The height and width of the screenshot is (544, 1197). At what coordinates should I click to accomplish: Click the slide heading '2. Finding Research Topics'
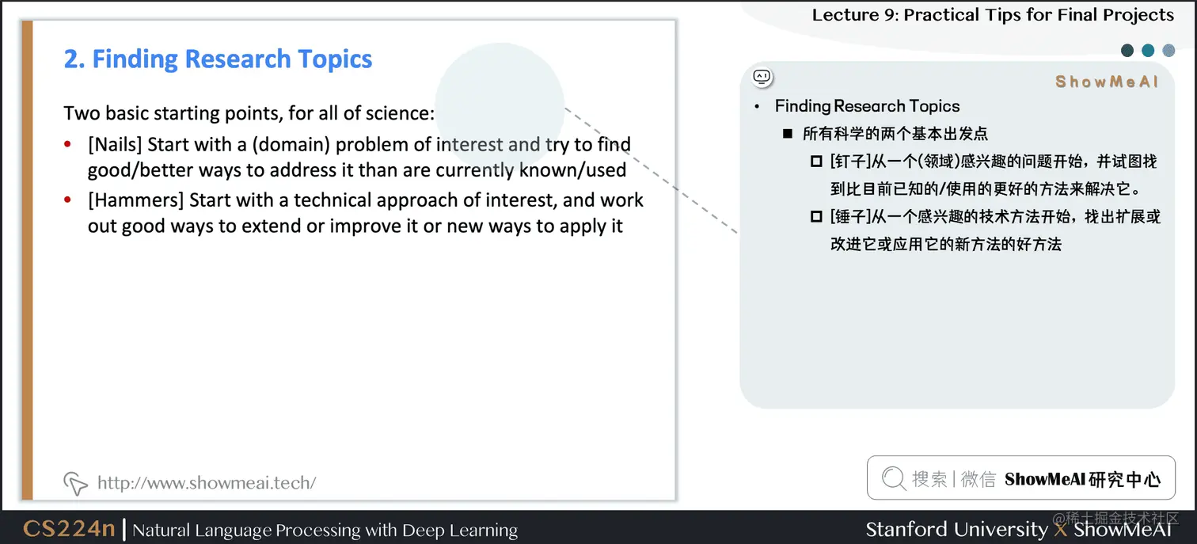(218, 59)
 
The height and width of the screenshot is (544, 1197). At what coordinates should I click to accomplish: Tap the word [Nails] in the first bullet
(116, 145)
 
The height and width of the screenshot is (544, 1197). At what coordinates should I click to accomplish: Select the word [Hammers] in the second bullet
(136, 200)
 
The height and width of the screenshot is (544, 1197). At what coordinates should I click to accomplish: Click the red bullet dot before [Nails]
(68, 145)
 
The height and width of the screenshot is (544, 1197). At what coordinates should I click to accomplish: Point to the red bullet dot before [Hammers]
(68, 200)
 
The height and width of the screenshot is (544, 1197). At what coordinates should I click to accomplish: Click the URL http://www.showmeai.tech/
(207, 482)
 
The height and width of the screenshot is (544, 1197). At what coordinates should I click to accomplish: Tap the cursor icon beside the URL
(75, 482)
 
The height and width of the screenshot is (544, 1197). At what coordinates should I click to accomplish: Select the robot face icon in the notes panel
(762, 77)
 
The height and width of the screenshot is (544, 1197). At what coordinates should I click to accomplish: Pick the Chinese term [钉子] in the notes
(849, 162)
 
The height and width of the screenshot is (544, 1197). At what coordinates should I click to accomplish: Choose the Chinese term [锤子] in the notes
(849, 216)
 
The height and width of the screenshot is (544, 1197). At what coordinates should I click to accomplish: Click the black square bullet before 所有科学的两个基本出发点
(788, 134)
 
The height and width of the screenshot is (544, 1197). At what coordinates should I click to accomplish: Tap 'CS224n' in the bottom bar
(69, 529)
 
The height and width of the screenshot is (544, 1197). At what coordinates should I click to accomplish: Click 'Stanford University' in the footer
(956, 529)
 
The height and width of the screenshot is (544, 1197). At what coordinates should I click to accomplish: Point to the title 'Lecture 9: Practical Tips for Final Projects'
(993, 15)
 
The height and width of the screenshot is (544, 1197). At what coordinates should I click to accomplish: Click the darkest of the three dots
(1127, 51)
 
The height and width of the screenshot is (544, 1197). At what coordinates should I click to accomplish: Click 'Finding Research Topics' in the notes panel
(867, 106)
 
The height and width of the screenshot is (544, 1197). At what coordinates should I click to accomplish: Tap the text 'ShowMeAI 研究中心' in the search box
(1082, 479)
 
